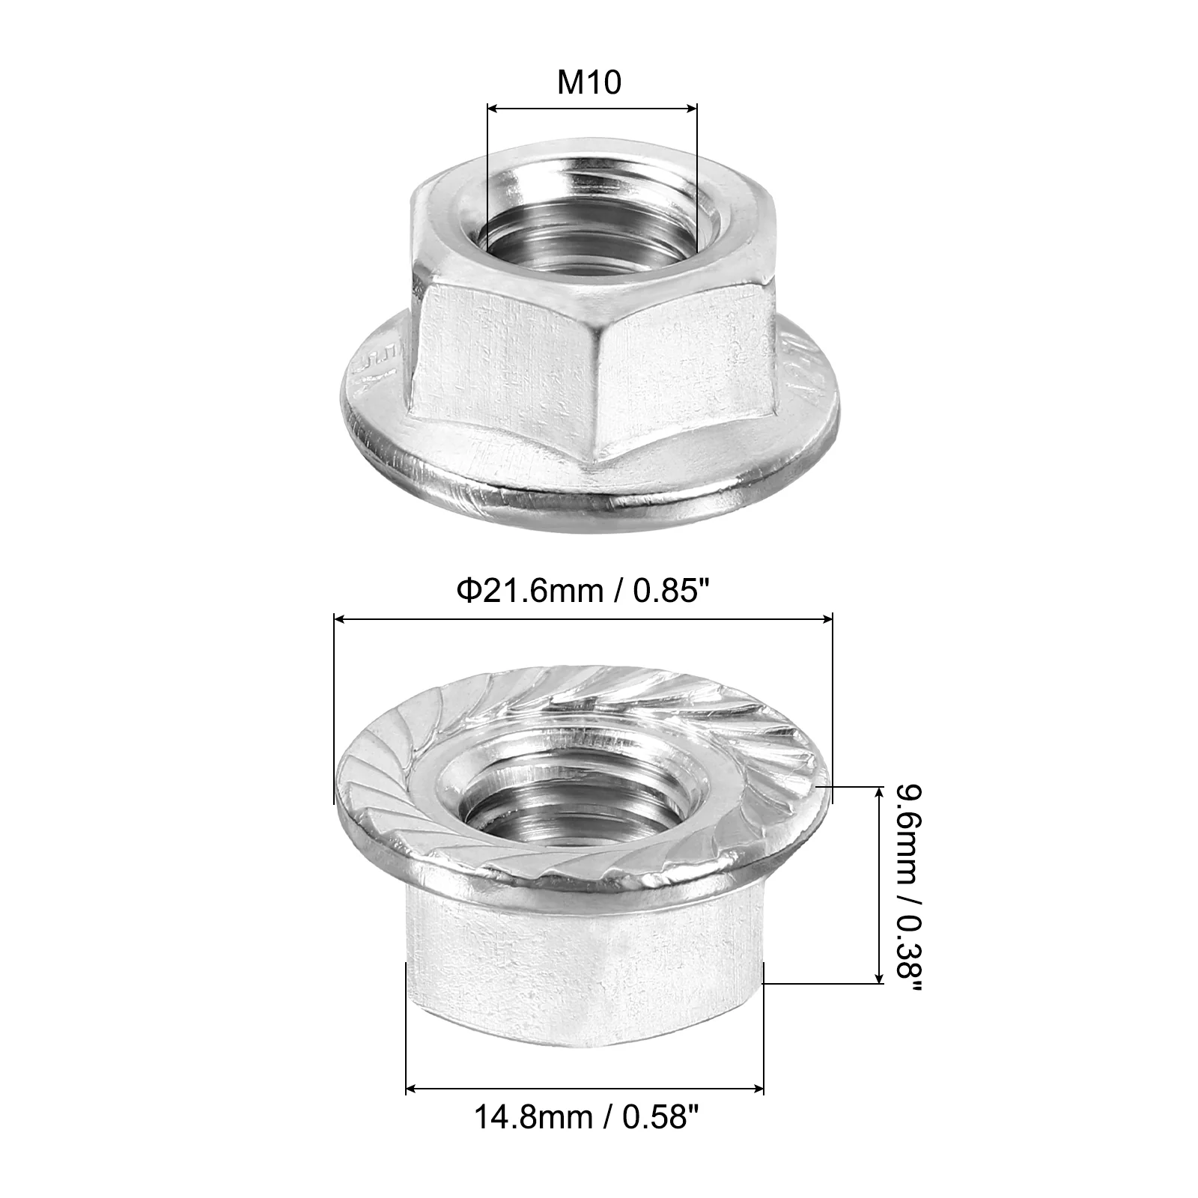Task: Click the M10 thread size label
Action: [x=589, y=82]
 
